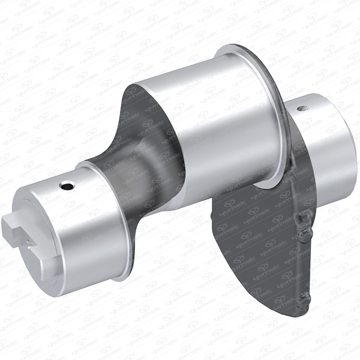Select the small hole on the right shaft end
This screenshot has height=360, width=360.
[x=304, y=108]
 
